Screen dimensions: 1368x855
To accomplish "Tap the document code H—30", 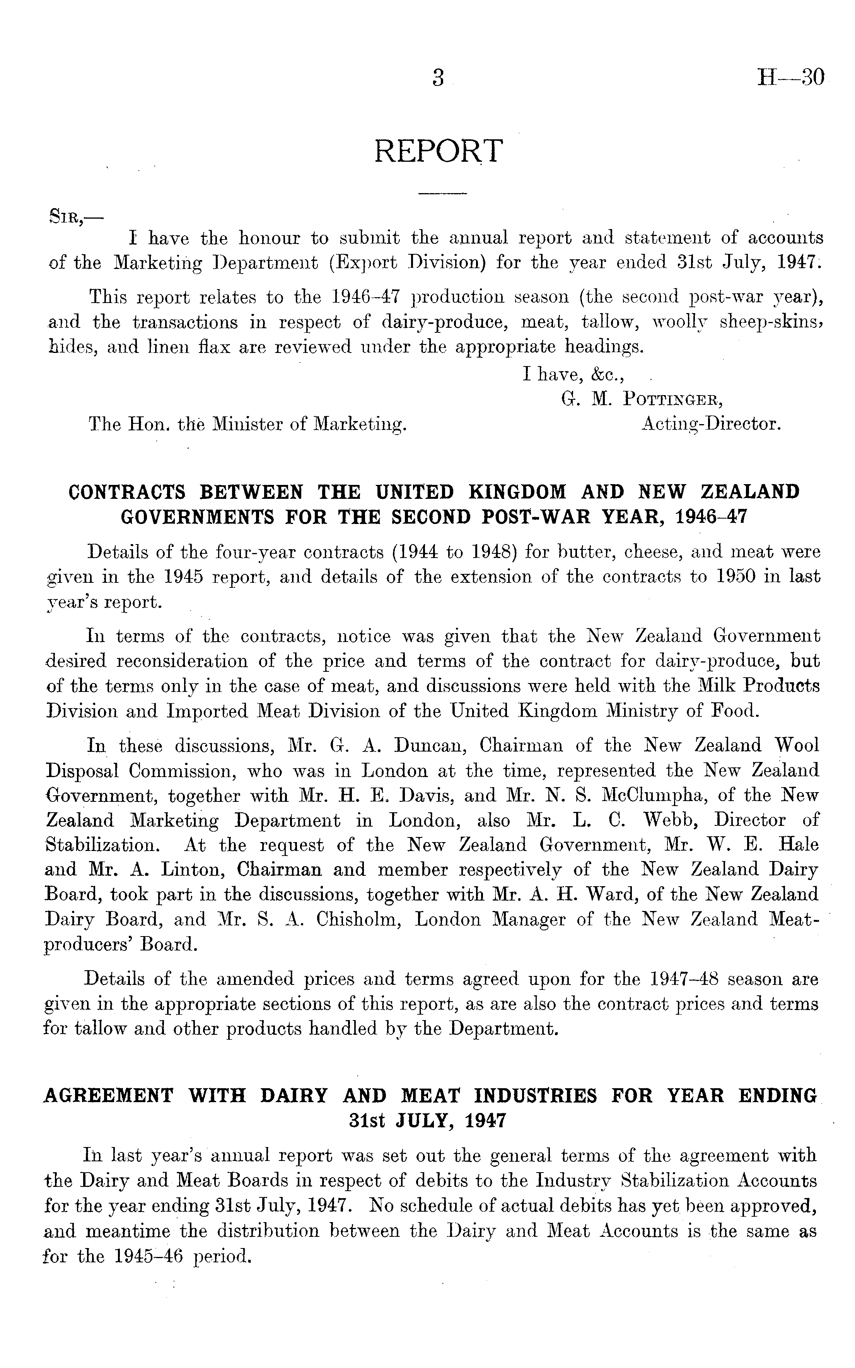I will [x=790, y=76].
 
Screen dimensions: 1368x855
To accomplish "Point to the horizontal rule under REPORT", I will [x=442, y=195].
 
